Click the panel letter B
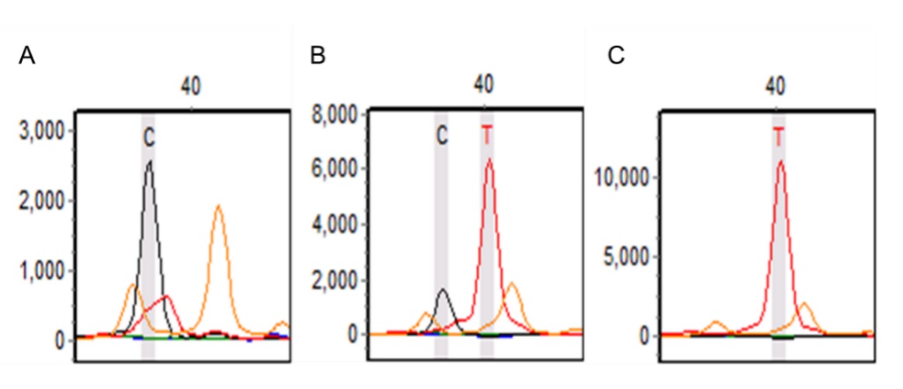coord(317,57)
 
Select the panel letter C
coord(616,57)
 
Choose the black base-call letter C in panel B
coord(441,136)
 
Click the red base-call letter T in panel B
coord(487,136)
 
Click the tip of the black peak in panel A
coord(149,161)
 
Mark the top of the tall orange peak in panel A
coord(219,205)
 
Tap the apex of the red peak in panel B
coord(489,160)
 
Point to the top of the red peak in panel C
coord(780,161)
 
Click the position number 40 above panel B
coord(485,83)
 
